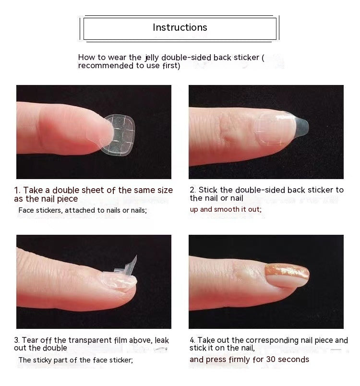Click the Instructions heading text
point(180,28)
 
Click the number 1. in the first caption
point(18,191)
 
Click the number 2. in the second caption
point(193,190)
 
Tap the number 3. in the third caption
point(17,340)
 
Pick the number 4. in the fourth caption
point(193,340)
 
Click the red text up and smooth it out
point(226,209)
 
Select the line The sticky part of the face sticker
point(76,360)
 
